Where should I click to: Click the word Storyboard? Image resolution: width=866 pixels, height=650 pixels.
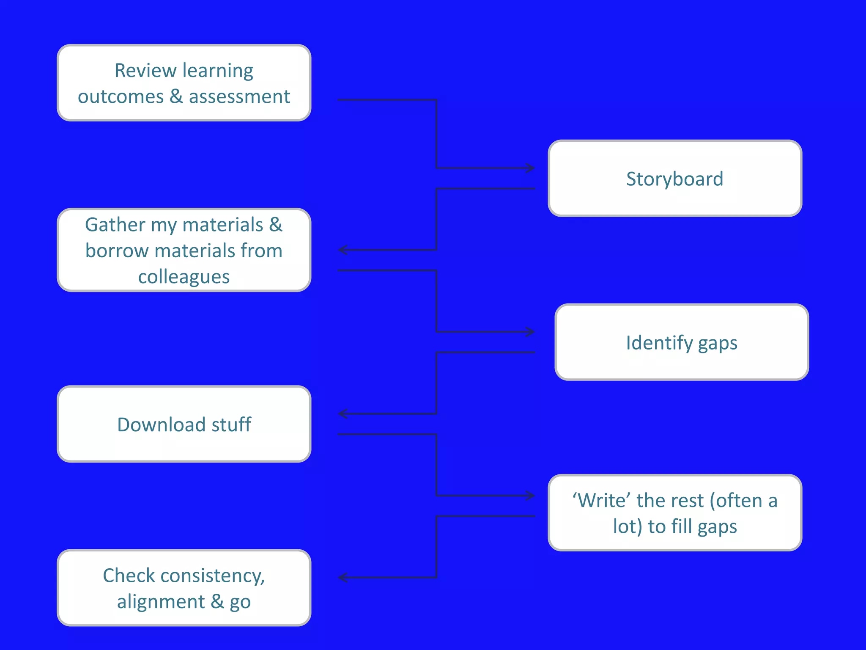[x=674, y=179]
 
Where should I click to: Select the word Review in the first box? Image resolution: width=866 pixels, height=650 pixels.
[x=145, y=71]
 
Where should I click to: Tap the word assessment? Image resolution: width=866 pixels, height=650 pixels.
[x=239, y=97]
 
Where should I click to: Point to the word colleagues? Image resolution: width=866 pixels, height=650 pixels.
[x=184, y=277]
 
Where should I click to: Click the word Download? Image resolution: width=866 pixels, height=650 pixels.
[x=161, y=425]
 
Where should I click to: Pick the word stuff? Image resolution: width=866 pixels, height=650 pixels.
[x=231, y=425]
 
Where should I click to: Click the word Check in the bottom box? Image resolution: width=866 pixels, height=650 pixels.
[x=129, y=576]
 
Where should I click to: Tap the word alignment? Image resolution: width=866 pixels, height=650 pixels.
[x=161, y=602]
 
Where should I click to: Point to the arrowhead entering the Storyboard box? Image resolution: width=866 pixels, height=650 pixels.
[x=531, y=168]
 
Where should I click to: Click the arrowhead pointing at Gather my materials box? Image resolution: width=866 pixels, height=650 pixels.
[x=343, y=250]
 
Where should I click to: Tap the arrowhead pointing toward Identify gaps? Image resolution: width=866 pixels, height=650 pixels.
[x=531, y=332]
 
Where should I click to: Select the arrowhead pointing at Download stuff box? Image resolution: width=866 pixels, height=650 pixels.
[x=343, y=413]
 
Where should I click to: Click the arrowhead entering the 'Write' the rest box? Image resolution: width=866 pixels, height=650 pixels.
[x=531, y=496]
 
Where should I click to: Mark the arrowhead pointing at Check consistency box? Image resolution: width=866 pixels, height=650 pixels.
[x=343, y=577]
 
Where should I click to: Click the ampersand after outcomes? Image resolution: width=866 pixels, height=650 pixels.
[x=176, y=97]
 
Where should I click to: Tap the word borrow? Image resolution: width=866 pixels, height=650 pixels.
[x=117, y=251]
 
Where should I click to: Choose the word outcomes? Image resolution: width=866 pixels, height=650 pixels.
[x=121, y=97]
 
